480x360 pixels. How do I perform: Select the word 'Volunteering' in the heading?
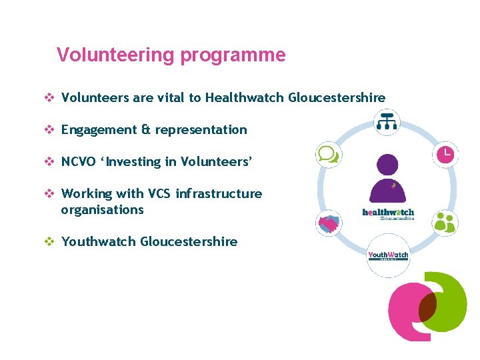[117, 55]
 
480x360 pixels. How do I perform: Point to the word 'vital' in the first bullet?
[171, 98]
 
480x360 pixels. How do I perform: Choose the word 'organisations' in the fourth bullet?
[102, 210]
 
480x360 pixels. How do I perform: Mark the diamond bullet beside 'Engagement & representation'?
[49, 130]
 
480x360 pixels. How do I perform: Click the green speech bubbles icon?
[328, 155]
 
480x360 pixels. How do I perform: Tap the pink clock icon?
[445, 155]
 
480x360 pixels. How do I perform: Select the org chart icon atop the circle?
[387, 121]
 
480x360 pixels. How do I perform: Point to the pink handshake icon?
[328, 223]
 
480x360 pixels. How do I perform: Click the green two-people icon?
[444, 222]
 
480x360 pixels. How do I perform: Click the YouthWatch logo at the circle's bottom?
[388, 255]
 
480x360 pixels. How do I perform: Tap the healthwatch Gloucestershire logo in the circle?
[388, 214]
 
